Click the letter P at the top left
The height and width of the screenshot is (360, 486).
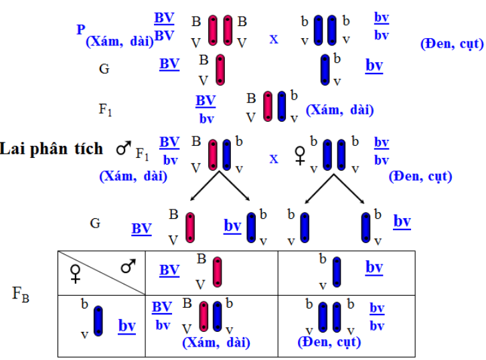coord(81,29)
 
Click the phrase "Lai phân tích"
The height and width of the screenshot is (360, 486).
coord(52,149)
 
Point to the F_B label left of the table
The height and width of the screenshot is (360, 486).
coord(21,292)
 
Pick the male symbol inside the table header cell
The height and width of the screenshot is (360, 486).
coord(127,267)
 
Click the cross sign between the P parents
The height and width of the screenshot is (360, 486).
coord(273,39)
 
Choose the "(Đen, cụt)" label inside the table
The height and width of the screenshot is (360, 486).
coord(329,343)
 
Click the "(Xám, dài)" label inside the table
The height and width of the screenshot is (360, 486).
coord(216,343)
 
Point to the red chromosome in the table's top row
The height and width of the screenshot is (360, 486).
coord(217,272)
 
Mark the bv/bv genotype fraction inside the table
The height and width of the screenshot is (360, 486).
coord(377,317)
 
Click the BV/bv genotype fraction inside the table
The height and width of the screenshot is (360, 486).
coord(162,316)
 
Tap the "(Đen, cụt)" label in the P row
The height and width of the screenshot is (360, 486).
coord(445,45)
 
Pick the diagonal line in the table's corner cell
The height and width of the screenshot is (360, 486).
coord(101,273)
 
